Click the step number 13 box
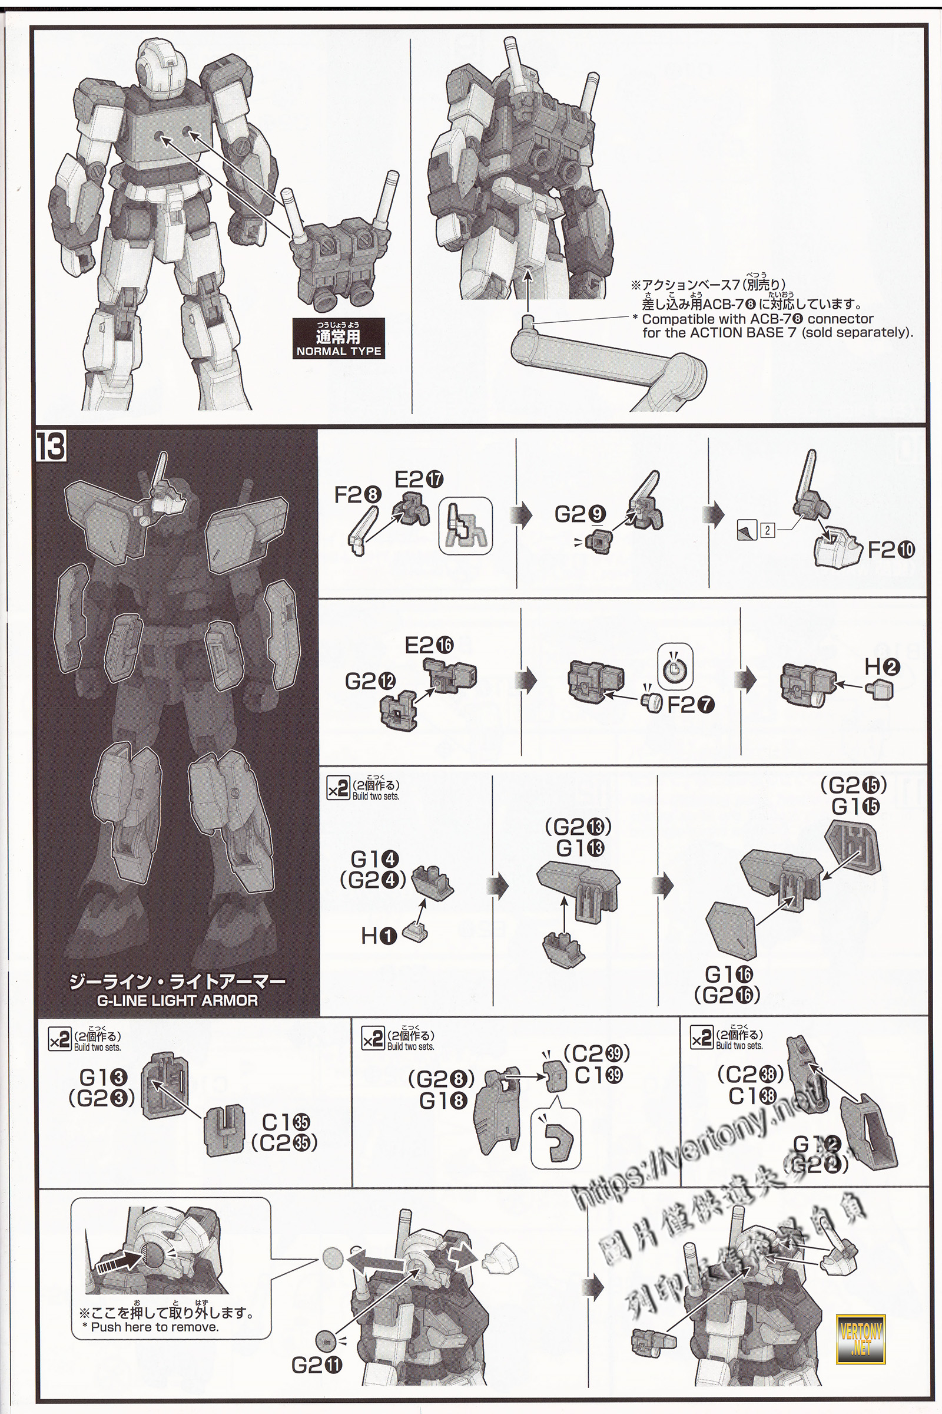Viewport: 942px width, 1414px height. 51,446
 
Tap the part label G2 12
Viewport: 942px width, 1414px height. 371,681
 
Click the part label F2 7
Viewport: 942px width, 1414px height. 691,705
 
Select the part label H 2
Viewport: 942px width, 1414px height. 882,667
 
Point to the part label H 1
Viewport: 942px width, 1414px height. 379,936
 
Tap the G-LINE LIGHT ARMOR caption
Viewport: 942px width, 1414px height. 177,1000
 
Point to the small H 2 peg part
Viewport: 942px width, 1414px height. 880,689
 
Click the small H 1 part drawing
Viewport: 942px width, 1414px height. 414,933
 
